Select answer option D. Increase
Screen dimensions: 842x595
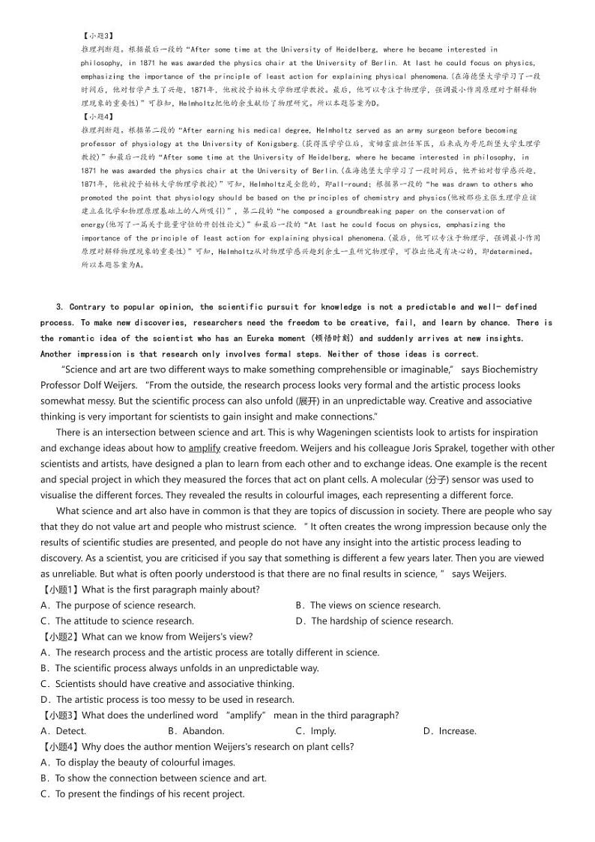click(x=449, y=731)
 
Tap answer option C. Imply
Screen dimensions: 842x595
click(x=315, y=731)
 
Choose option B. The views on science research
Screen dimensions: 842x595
click(x=368, y=605)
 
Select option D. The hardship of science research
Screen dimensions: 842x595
click(x=375, y=621)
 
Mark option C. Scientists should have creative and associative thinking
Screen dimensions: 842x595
click(x=167, y=684)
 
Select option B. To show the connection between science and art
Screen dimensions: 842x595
click(x=154, y=778)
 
